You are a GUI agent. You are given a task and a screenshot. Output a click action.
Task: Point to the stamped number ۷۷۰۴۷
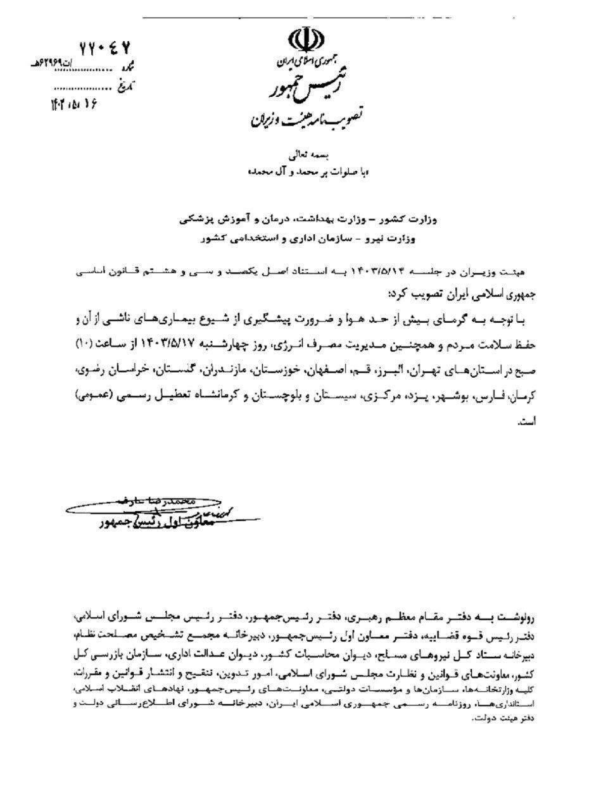click(x=104, y=48)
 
